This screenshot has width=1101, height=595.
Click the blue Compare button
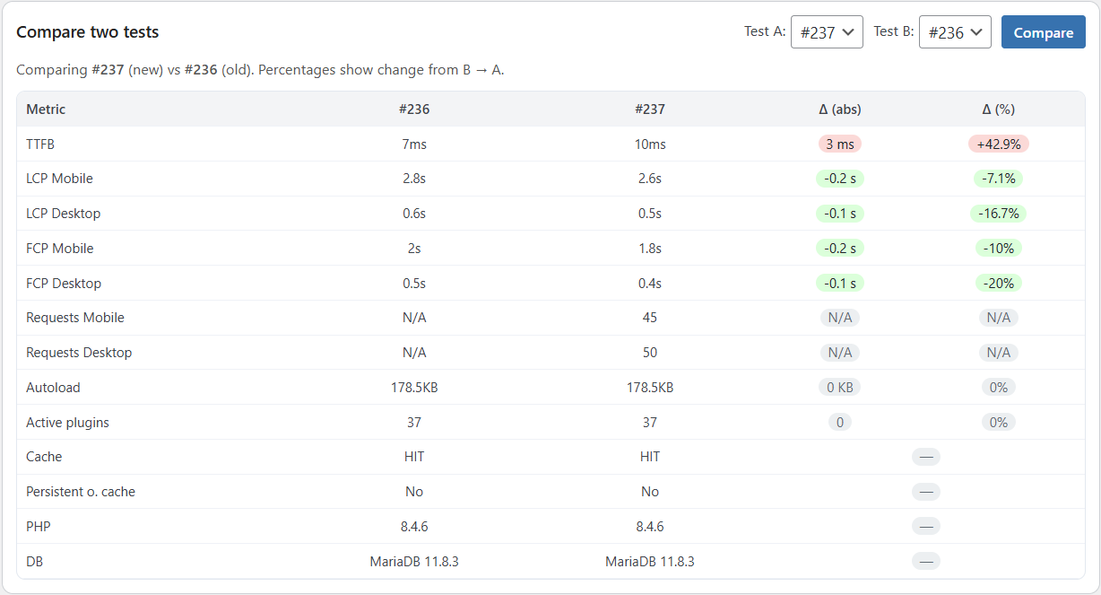pyautogui.click(x=1043, y=32)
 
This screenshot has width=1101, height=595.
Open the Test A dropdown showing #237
pyautogui.click(x=827, y=32)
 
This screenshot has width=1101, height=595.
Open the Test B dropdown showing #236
pyautogui.click(x=955, y=32)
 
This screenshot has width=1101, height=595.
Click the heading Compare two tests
pyautogui.click(x=88, y=32)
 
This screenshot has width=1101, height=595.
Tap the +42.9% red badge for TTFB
pyautogui.click(x=998, y=144)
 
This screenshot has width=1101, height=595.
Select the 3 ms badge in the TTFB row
pyautogui.click(x=839, y=144)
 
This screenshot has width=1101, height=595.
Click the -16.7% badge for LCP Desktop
pyautogui.click(x=998, y=214)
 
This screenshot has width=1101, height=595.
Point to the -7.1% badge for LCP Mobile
pyautogui.click(x=998, y=179)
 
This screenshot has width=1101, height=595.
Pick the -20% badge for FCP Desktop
pyautogui.click(x=998, y=284)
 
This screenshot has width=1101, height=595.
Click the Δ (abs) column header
pyautogui.click(x=839, y=109)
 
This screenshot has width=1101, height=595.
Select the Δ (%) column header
pyautogui.click(x=998, y=109)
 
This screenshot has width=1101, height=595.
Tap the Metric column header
pyautogui.click(x=46, y=109)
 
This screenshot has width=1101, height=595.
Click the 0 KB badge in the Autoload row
pyautogui.click(x=839, y=388)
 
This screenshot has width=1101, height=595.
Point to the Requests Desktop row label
pyautogui.click(x=79, y=353)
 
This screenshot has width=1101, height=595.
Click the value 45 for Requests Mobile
pyautogui.click(x=650, y=318)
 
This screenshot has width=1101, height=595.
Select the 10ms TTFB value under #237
pyautogui.click(x=650, y=144)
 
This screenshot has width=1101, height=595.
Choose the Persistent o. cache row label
pyautogui.click(x=81, y=492)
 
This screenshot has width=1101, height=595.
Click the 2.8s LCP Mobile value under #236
pyautogui.click(x=414, y=179)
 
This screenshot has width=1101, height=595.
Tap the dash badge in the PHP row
pyautogui.click(x=926, y=527)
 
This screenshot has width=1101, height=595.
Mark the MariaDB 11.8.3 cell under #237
pyautogui.click(x=650, y=562)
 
